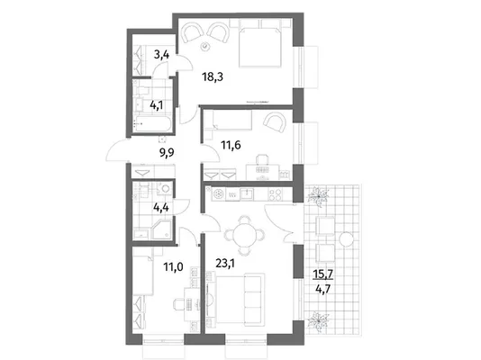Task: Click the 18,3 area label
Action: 213,76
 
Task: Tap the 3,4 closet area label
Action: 161,55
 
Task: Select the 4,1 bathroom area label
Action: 156,105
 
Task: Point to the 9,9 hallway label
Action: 167,152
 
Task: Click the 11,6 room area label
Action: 231,145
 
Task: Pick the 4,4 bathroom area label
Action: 160,208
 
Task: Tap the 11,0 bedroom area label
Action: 173,267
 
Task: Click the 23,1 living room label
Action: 225,263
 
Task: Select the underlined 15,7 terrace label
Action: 322,274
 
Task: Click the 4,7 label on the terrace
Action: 323,289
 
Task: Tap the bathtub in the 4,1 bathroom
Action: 151,124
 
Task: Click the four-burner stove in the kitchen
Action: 275,195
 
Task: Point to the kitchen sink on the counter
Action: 247,194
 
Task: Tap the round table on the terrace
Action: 346,238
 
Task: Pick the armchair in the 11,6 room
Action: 275,123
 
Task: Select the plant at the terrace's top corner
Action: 319,196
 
